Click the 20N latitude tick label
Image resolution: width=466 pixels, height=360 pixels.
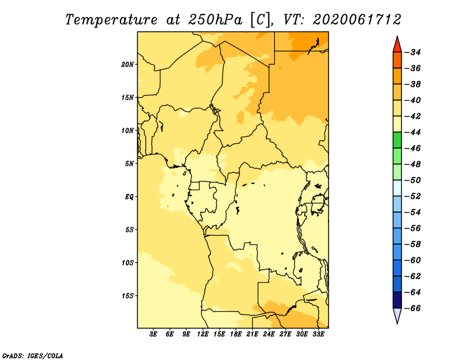pyautogui.click(x=128, y=65)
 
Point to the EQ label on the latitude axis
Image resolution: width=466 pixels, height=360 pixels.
pyautogui.click(x=129, y=197)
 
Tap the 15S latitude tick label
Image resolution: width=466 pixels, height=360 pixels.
pyautogui.click(x=128, y=296)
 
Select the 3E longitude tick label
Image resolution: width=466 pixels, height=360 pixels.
pyautogui.click(x=153, y=334)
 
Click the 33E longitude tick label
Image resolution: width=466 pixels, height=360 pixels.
pyautogui.click(x=318, y=334)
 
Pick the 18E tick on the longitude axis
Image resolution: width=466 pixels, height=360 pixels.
pyautogui.click(x=236, y=334)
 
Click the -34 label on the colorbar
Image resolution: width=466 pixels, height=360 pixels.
pyautogui.click(x=412, y=52)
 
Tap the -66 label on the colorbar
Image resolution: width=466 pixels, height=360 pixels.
pyautogui.click(x=412, y=308)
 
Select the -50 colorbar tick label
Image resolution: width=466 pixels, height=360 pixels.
pyautogui.click(x=412, y=181)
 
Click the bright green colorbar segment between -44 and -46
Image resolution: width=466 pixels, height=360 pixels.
pyautogui.click(x=397, y=140)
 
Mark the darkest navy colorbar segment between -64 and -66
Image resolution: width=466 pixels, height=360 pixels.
pyautogui.click(x=397, y=300)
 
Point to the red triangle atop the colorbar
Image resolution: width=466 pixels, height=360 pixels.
pyautogui.click(x=397, y=44)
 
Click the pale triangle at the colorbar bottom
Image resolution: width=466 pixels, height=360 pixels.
pyautogui.click(x=397, y=316)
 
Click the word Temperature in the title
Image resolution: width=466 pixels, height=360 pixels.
pyautogui.click(x=111, y=20)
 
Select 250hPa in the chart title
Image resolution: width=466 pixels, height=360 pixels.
pyautogui.click(x=215, y=20)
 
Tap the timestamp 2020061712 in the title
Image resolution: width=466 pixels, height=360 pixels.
pyautogui.click(x=357, y=20)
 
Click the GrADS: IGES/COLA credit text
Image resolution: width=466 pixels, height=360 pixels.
pyautogui.click(x=33, y=356)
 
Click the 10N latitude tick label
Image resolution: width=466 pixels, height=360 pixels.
pyautogui.click(x=128, y=130)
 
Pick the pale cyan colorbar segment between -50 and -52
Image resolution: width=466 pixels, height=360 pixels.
pyautogui.click(x=397, y=188)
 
